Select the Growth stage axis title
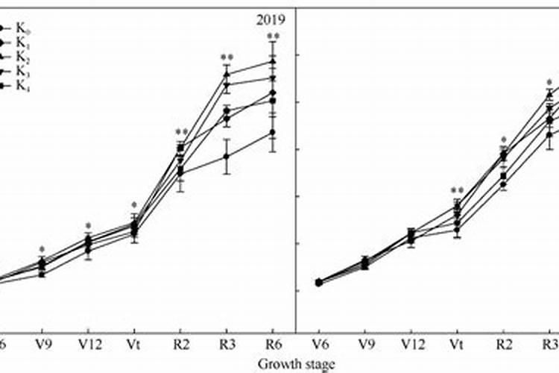click(x=296, y=364)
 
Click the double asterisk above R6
click(x=273, y=37)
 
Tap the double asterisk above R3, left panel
click(x=227, y=58)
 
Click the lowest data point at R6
click(x=273, y=132)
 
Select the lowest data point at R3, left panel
click(x=227, y=156)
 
